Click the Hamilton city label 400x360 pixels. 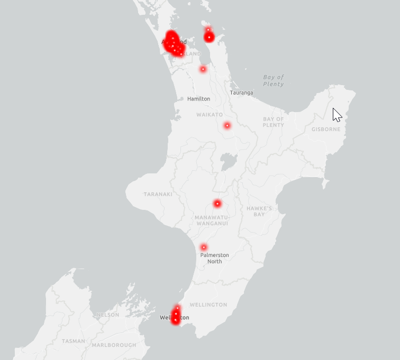click(x=199, y=99)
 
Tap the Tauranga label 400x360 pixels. click(x=241, y=93)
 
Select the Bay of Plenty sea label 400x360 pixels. click(x=274, y=80)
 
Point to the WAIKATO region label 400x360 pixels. click(x=210, y=115)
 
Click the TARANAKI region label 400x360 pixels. click(x=158, y=194)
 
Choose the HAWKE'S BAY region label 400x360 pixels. click(x=259, y=211)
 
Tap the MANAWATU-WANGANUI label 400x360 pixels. click(x=211, y=220)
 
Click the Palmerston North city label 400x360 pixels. click(x=214, y=258)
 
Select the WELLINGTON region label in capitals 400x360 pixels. click(x=208, y=304)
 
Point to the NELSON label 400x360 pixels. click(x=108, y=315)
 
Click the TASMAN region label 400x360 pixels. click(x=73, y=341)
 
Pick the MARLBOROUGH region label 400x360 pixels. click(x=114, y=345)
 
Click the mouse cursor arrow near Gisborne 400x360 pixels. click(x=337, y=114)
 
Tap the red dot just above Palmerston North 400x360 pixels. click(x=203, y=247)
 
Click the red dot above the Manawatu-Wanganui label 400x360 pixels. click(x=217, y=204)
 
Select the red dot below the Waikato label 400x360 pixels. click(x=227, y=125)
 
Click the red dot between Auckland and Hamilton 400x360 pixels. click(x=203, y=69)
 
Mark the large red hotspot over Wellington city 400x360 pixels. click(x=175, y=315)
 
